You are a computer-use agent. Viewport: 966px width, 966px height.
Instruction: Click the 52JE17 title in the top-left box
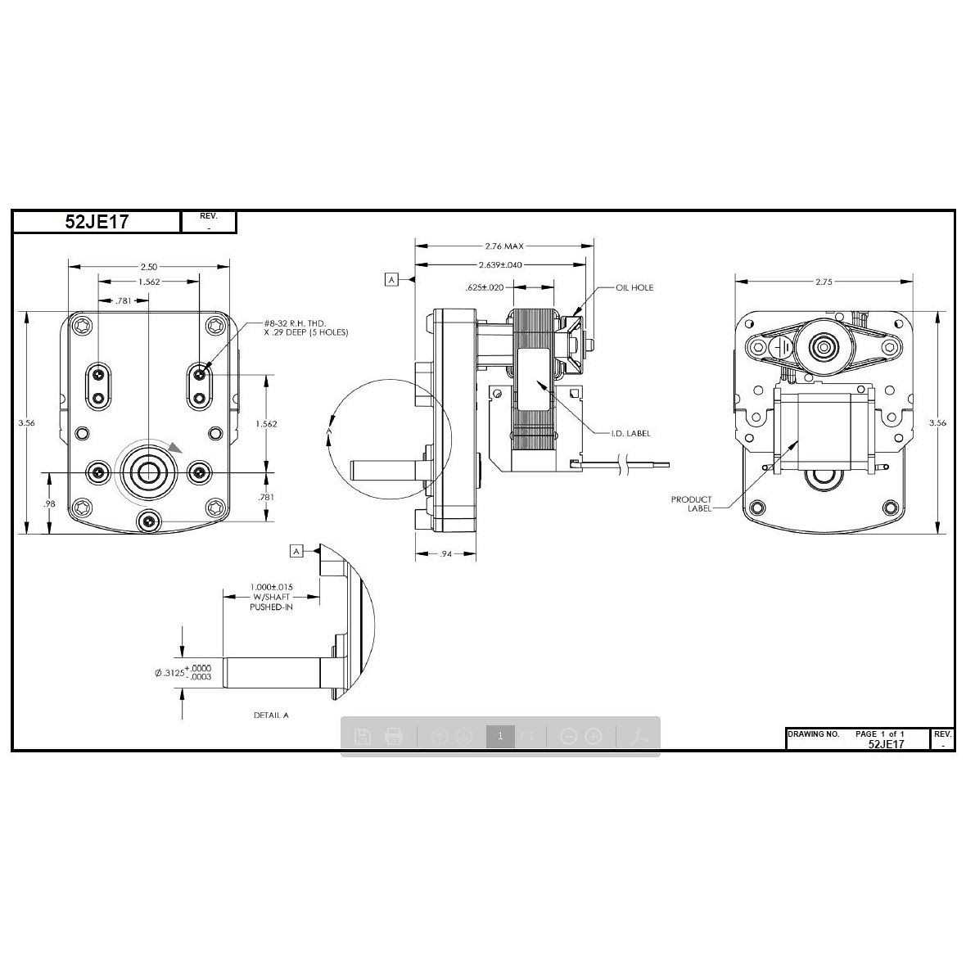pos(97,222)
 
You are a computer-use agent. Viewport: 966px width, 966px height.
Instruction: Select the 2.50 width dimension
pos(148,267)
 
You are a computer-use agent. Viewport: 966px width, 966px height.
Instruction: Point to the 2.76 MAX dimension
pos(503,246)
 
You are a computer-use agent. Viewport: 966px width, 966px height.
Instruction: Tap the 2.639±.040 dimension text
pos(500,265)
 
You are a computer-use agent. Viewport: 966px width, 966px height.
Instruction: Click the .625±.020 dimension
pos(485,288)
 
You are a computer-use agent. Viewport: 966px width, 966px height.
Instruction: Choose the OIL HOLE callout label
pos(634,288)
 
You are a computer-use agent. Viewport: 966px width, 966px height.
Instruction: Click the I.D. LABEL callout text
pos(631,434)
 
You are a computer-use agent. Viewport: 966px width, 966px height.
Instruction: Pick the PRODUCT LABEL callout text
pos(692,503)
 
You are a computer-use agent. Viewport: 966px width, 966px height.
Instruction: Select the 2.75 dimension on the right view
pos(824,282)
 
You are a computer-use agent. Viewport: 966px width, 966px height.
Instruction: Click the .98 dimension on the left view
pos(49,504)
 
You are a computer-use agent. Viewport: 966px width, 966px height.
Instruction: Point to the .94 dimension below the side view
pos(446,554)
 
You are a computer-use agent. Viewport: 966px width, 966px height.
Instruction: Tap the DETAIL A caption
pos(271,715)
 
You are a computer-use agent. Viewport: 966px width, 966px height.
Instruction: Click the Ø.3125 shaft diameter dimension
pos(183,673)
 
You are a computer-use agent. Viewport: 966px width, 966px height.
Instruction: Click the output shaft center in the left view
pos(148,472)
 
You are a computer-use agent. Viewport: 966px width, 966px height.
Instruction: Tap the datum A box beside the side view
pos(391,280)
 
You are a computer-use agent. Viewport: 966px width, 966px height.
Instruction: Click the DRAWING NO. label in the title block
pos(813,734)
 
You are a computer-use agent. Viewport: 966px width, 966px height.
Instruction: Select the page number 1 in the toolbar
pos(500,736)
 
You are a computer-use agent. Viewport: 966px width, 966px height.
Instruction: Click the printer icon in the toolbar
pos(394,736)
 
